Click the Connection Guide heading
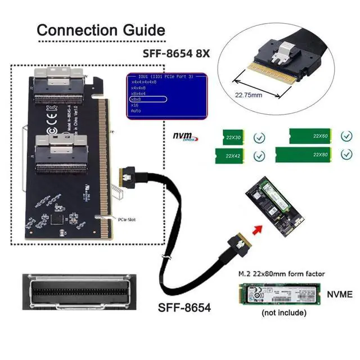coord(101,29)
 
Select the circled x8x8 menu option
coord(138,98)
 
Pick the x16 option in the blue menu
coord(134,105)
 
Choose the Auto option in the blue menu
coord(136,110)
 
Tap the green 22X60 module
coord(309,136)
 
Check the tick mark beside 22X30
coord(259,137)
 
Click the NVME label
coord(339,294)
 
